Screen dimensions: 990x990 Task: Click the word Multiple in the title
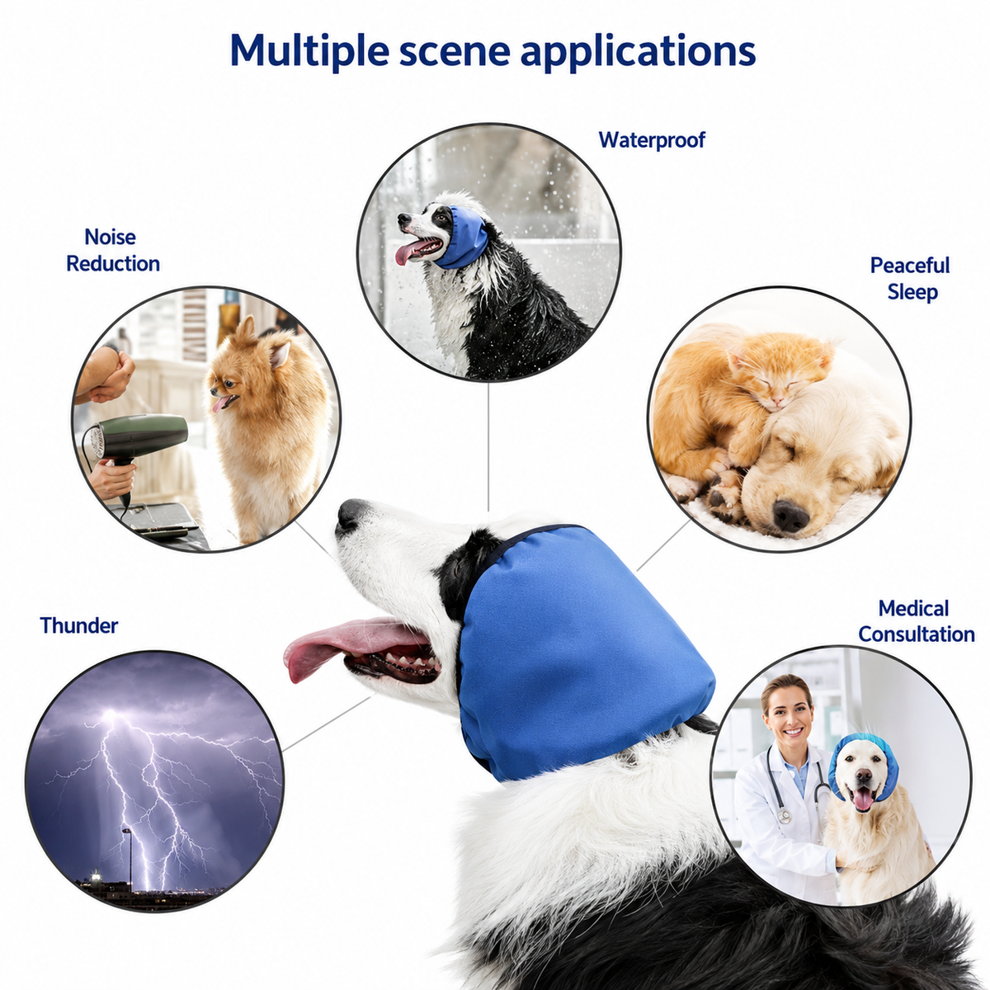click(x=309, y=51)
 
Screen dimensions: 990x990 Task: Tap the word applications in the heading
click(x=638, y=52)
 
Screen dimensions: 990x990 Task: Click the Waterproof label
click(x=652, y=140)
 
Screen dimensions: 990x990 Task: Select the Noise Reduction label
click(x=113, y=250)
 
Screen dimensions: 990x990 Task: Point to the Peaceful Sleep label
click(x=910, y=279)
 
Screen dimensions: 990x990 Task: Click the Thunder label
click(x=79, y=625)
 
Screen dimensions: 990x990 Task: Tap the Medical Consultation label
click(x=916, y=622)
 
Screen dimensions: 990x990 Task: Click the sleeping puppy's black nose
click(x=790, y=516)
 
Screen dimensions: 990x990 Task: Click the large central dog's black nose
click(x=351, y=515)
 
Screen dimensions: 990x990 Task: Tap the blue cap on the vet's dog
click(x=863, y=758)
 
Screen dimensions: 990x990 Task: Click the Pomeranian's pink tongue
click(x=219, y=403)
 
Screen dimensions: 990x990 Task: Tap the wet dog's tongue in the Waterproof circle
click(x=408, y=252)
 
